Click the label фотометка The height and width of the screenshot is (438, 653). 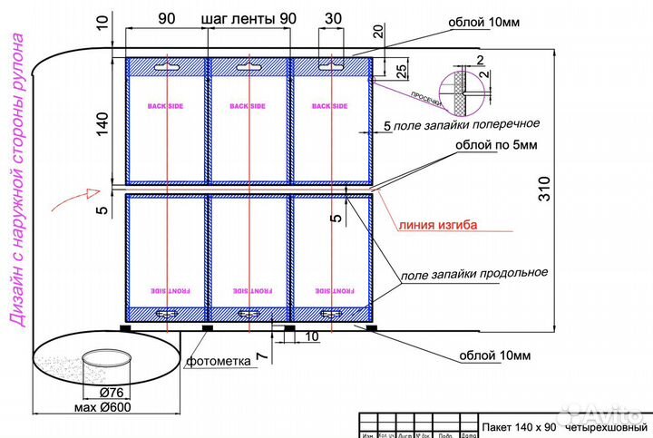pos(218,361)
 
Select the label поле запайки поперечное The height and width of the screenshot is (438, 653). pos(468,123)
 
